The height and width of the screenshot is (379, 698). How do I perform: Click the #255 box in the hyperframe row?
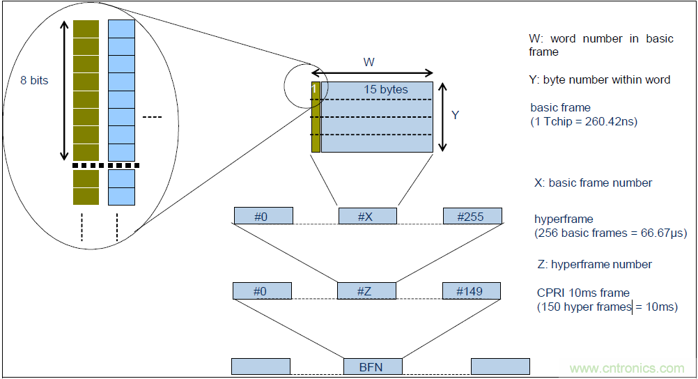tap(472, 216)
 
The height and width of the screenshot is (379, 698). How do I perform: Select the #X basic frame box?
tap(367, 216)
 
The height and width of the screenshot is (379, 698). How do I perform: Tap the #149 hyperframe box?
tap(472, 291)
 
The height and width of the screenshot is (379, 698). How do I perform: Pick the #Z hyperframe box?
tap(366, 291)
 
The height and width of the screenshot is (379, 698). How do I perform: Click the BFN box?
tap(373, 366)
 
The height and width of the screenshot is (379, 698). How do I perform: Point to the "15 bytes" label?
tap(385, 89)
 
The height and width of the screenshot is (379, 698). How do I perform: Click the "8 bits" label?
tap(34, 80)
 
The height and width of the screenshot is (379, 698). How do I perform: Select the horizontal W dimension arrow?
tap(372, 73)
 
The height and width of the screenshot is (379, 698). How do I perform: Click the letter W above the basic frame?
tap(369, 62)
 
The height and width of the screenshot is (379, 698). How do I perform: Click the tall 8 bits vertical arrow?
tap(63, 91)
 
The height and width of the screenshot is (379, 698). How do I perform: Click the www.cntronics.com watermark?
tap(627, 368)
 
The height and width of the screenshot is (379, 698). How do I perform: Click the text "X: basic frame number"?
tap(593, 183)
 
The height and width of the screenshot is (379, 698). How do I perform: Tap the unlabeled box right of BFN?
tap(499, 366)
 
